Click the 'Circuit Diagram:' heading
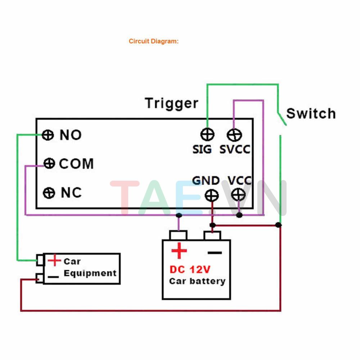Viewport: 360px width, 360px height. pos(154,41)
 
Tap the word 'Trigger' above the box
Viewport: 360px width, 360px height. pos(171,103)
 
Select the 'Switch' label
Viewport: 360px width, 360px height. pos(311,114)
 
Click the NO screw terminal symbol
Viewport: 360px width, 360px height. pos(47,135)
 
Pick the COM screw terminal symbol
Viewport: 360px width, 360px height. pos(49,164)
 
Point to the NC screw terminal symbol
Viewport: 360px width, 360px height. pos(49,193)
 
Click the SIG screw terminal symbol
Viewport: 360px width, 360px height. pos(207,135)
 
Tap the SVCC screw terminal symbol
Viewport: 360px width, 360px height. pos(234,135)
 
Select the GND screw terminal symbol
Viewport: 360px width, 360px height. pos(212,195)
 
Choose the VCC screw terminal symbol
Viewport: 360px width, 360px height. pos(238,195)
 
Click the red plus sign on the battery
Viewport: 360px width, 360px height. pos(179,251)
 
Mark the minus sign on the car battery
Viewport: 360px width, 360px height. pos(215,253)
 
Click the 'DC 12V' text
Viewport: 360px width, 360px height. pos(190,269)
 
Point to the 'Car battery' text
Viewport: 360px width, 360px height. pos(197,281)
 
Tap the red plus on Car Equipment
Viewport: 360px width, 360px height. pos(54,260)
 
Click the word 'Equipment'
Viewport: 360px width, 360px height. pos(90,273)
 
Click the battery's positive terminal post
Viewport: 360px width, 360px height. pos(178,235)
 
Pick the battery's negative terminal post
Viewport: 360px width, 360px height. pos(212,236)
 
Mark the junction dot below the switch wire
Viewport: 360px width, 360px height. pos(278,225)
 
